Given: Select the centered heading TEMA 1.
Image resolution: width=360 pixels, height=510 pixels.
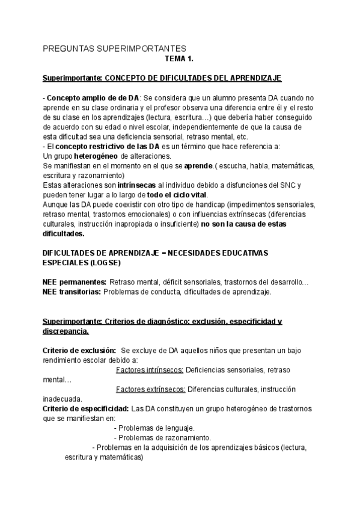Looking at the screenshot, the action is point(179,59).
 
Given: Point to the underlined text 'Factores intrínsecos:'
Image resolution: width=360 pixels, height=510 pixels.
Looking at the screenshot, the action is point(150,370).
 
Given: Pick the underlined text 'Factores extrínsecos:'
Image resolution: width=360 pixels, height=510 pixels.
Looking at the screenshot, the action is point(150,389).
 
